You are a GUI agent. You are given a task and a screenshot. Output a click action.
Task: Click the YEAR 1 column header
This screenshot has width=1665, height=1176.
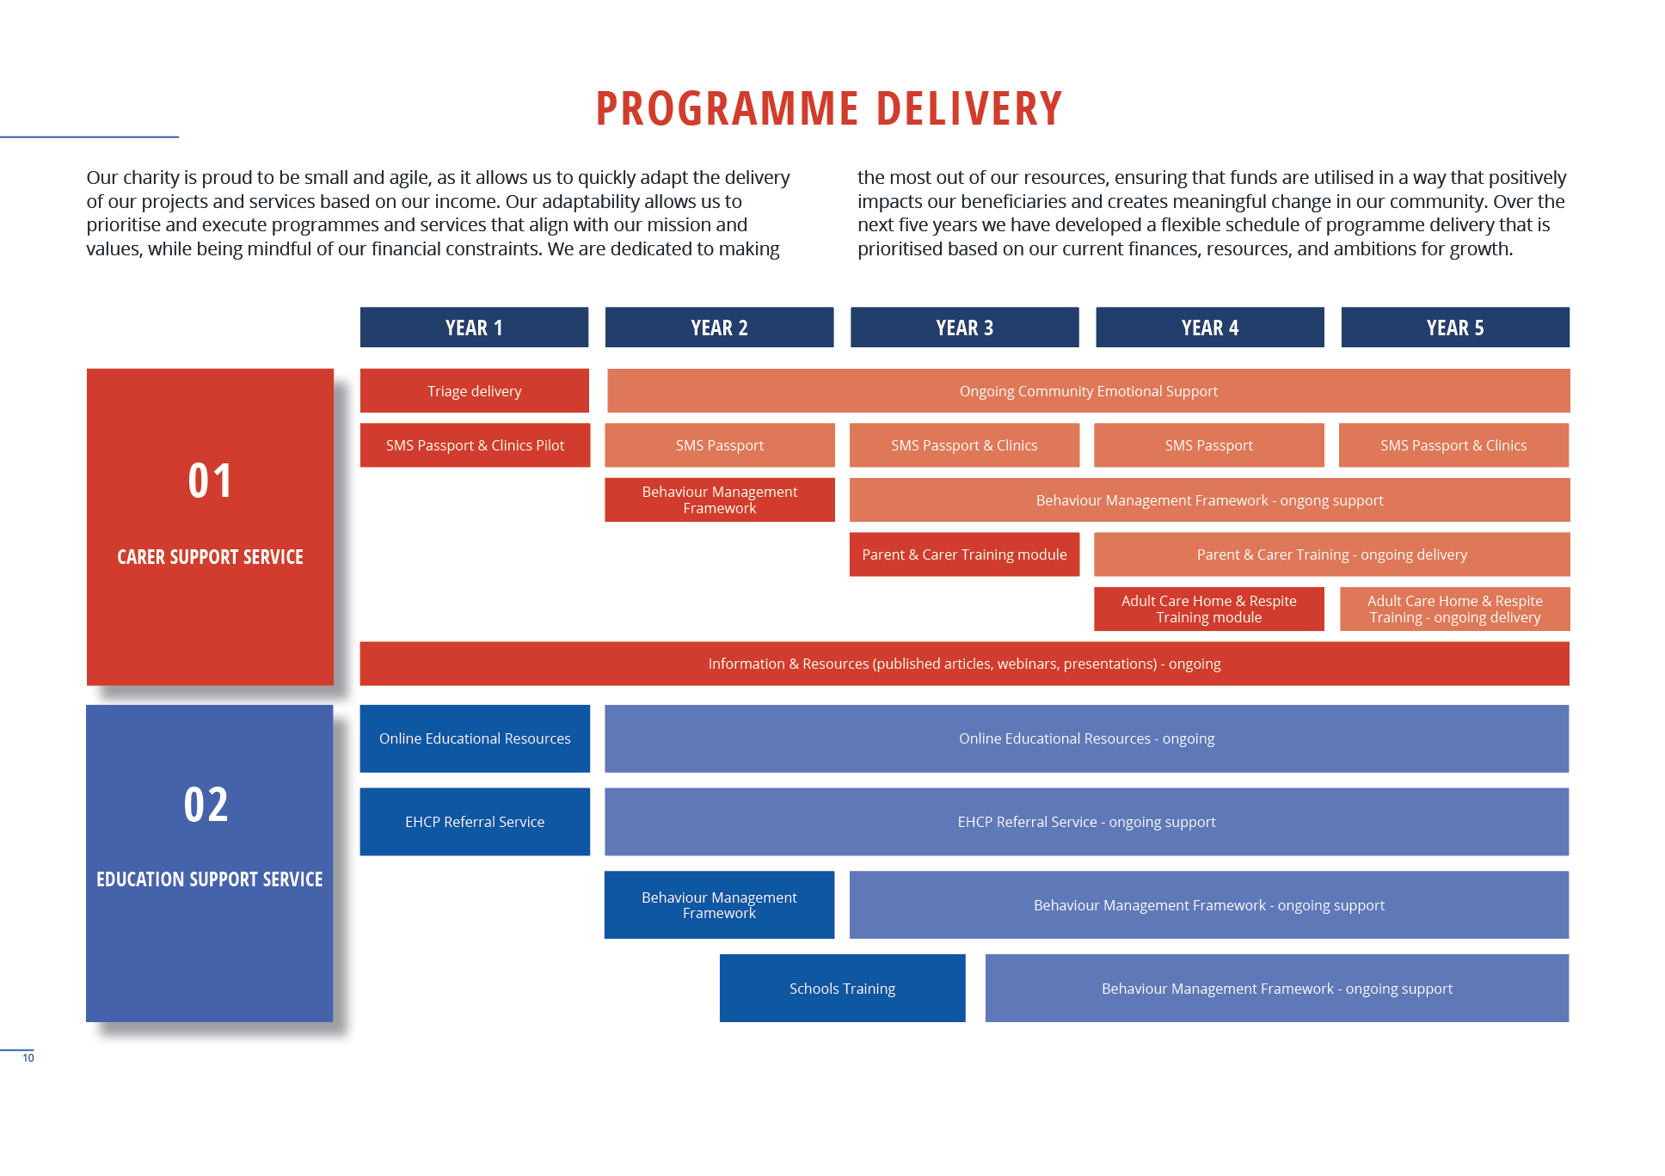474,328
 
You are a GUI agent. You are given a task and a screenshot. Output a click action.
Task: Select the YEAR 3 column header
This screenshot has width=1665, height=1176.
964,328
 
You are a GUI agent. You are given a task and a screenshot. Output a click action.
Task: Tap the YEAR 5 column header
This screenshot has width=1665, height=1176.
1455,328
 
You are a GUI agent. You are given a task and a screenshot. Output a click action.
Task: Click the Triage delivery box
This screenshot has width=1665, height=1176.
475,391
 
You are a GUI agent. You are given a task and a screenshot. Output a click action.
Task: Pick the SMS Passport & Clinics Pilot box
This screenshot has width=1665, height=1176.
475,445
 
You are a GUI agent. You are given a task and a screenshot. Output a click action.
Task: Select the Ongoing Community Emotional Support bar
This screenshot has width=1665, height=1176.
1088,391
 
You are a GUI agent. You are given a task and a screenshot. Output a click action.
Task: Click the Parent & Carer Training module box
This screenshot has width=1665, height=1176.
964,554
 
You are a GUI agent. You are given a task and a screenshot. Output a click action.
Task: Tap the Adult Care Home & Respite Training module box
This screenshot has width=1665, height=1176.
1208,609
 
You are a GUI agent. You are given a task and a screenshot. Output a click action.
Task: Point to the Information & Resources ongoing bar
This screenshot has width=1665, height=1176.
964,664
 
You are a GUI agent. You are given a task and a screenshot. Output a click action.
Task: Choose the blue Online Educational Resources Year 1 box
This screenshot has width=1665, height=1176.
475,738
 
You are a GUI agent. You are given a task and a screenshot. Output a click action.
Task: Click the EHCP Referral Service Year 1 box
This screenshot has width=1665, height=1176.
475,822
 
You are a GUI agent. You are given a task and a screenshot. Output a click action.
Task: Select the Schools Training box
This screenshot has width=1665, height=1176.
842,989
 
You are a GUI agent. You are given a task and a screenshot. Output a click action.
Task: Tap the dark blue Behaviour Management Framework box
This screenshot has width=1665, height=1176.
719,905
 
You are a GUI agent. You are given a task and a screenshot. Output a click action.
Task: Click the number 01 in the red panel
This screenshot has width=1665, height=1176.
210,481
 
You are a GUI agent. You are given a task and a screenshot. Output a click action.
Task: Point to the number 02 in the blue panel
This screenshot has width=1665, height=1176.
206,805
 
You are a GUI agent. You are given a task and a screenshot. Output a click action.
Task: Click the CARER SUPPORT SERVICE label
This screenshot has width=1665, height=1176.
210,557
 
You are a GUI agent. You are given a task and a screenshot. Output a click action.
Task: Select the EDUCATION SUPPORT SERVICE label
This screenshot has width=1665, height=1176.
210,879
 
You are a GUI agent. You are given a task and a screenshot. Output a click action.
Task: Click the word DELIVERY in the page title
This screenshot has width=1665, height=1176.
969,108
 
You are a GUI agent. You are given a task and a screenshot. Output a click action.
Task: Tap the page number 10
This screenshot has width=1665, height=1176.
28,1058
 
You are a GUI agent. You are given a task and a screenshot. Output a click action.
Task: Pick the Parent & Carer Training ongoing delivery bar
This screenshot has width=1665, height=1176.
1331,554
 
